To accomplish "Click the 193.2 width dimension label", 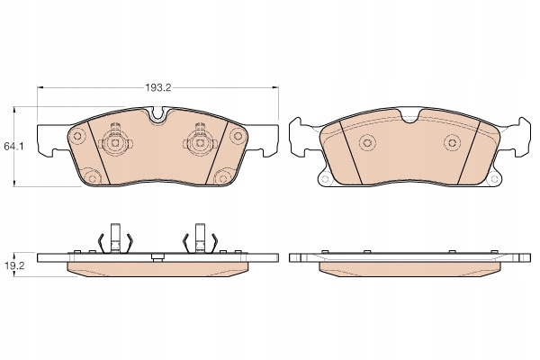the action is [x=158, y=88].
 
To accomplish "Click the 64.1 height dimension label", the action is [x=13, y=147].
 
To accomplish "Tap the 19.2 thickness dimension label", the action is [x=13, y=265].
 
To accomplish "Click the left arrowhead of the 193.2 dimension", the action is [x=40, y=88].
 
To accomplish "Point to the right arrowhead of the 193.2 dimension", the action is [x=274, y=88].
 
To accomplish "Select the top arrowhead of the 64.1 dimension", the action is [x=14, y=110].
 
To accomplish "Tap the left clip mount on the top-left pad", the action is [x=115, y=142].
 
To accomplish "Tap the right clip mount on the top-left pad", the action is [x=200, y=142].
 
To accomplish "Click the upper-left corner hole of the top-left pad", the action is [x=77, y=136].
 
